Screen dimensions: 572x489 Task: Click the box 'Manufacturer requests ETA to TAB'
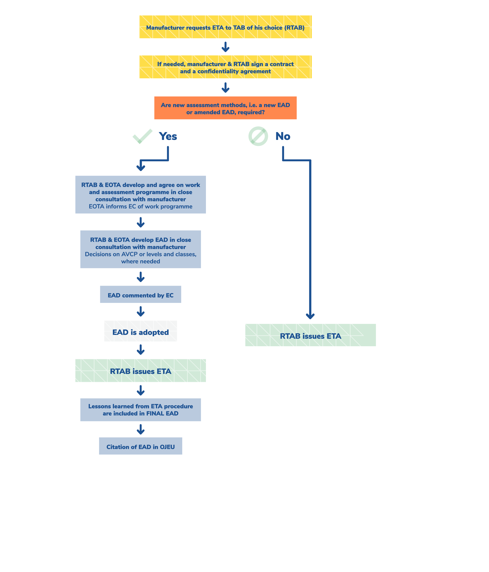225,27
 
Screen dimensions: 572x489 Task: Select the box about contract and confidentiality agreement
225,67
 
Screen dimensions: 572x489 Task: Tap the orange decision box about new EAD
225,108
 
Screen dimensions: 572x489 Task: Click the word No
283,136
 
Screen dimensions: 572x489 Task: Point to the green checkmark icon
142,136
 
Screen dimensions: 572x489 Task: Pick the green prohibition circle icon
258,136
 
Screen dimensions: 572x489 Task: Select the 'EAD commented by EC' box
141,295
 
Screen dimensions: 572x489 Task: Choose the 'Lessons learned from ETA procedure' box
141,410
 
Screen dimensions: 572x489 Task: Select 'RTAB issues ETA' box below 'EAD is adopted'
141,371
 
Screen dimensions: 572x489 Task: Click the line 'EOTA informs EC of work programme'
141,207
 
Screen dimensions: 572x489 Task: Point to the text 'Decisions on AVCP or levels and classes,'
141,254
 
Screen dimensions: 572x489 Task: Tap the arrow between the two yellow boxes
225,47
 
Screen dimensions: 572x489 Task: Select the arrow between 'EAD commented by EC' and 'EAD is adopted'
141,311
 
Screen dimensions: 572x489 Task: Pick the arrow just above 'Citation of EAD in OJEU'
141,429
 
